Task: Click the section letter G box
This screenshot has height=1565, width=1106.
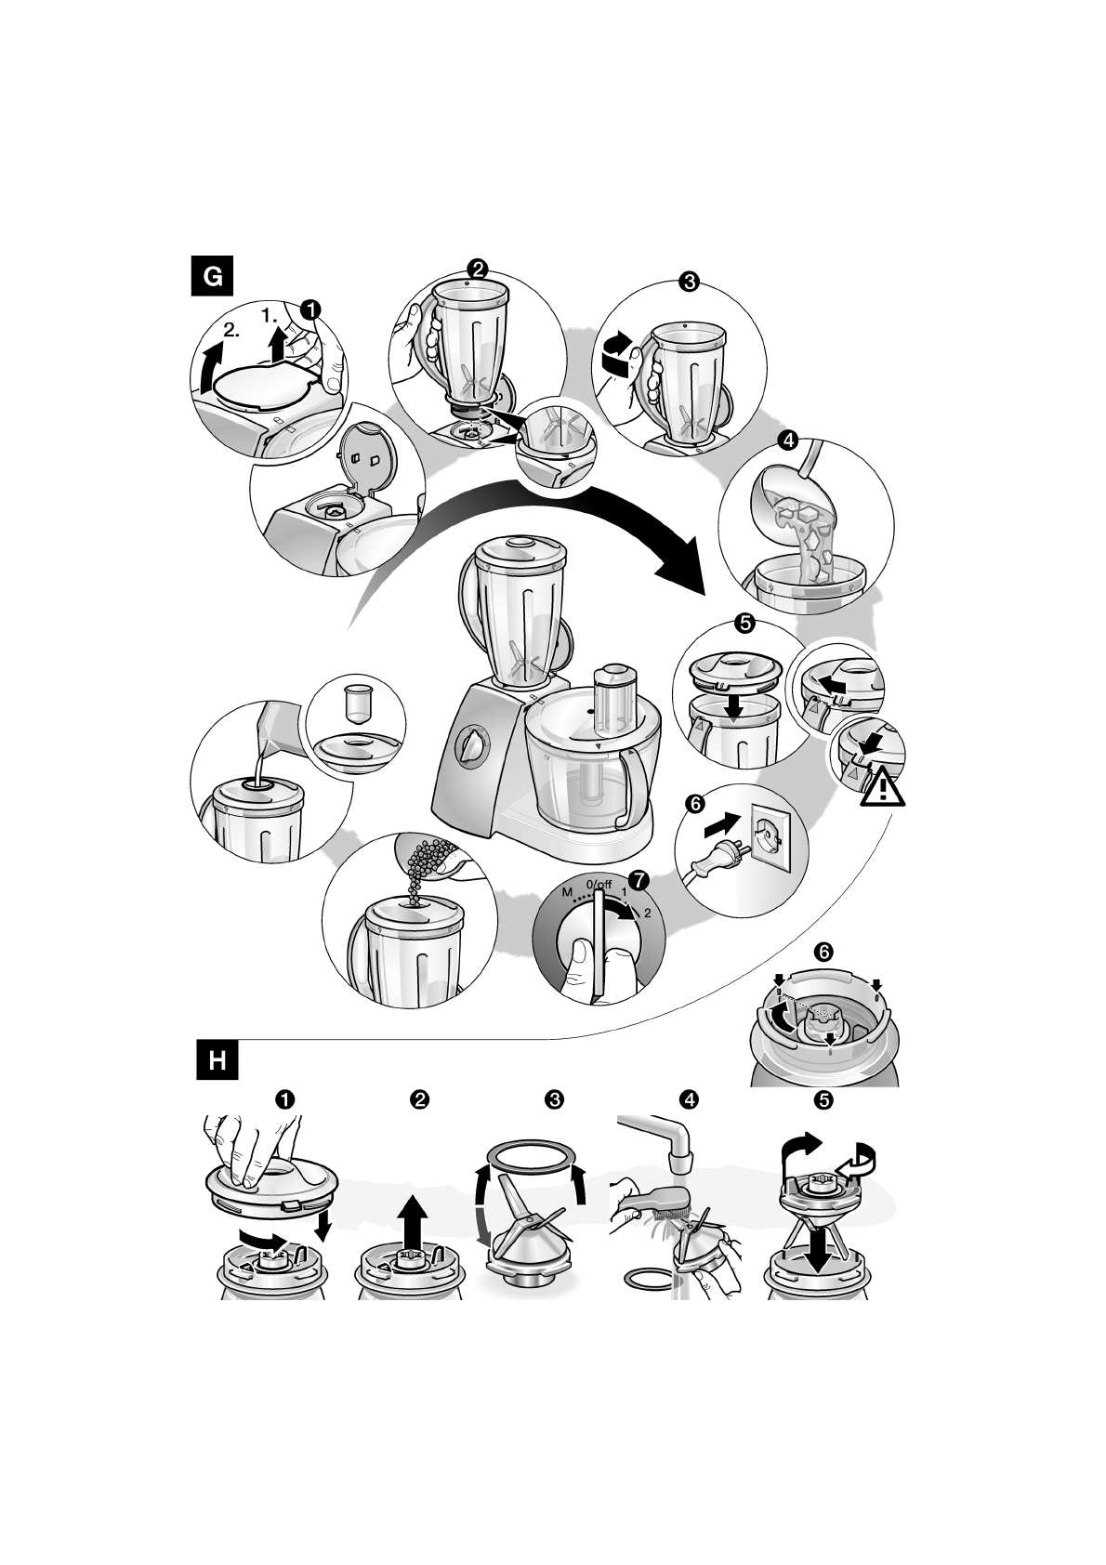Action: tap(212, 276)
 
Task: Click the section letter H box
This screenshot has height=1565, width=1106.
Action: tap(217, 1060)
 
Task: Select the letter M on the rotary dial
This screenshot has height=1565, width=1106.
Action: tap(567, 892)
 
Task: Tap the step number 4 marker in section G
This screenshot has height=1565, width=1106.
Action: tap(788, 441)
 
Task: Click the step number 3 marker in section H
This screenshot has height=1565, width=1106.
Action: tap(554, 1099)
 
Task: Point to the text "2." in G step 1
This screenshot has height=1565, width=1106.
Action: tap(231, 329)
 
